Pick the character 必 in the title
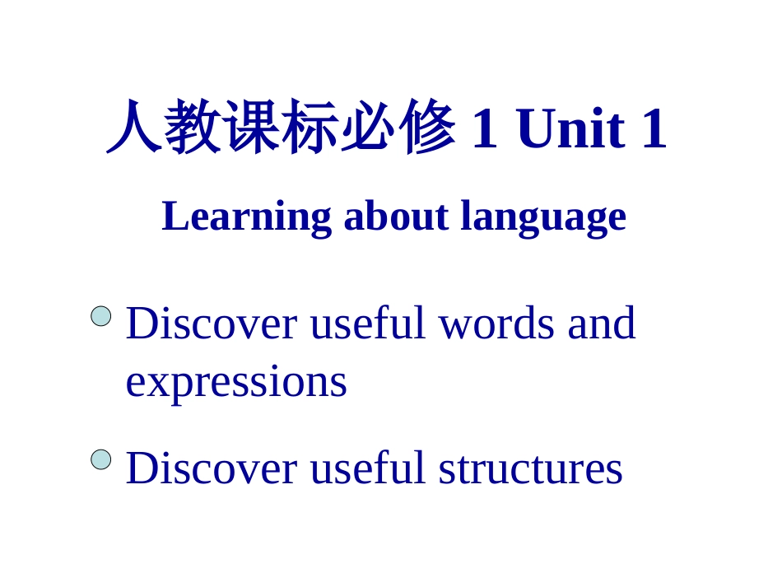(x=369, y=128)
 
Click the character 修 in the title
(x=426, y=128)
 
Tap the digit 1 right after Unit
(x=654, y=130)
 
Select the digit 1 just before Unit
(x=486, y=130)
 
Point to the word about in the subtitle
(x=396, y=217)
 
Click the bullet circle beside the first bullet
(x=100, y=316)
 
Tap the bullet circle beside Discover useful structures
(x=100, y=459)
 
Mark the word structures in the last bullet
(x=530, y=468)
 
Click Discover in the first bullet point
(x=211, y=323)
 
